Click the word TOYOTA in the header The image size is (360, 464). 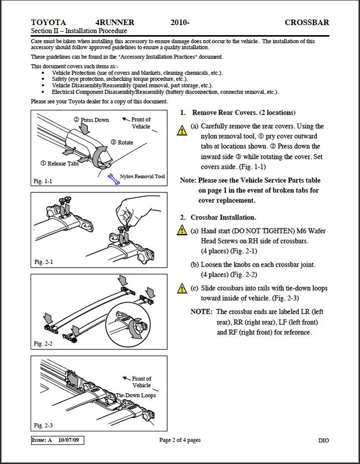click(48, 23)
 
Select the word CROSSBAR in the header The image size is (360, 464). click(307, 23)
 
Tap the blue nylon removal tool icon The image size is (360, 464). click(113, 179)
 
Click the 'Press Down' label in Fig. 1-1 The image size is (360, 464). click(91, 120)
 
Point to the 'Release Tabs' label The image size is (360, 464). click(60, 163)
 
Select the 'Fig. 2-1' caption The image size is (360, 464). click(44, 262)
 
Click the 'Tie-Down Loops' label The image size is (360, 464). click(136, 395)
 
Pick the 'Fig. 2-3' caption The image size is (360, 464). click(43, 425)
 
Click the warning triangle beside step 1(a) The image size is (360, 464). click(182, 130)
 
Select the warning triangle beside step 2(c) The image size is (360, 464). click(182, 288)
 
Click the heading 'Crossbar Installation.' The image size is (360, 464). click(223, 217)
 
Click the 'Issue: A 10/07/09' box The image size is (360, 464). click(57, 440)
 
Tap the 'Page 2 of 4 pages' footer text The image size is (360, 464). click(180, 440)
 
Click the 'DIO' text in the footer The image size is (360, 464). click(324, 440)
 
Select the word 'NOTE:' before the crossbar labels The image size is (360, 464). click(201, 312)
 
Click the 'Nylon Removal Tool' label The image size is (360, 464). click(142, 176)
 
